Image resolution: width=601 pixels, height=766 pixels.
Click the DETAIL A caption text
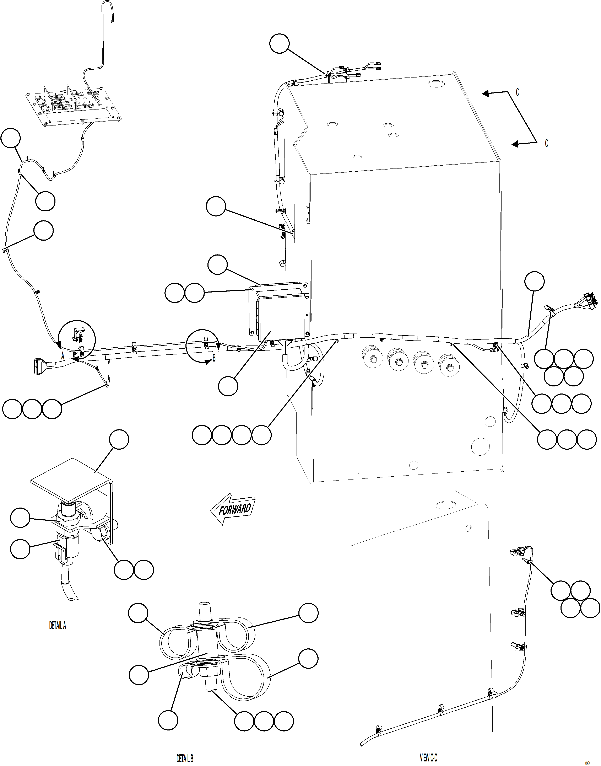[57, 626]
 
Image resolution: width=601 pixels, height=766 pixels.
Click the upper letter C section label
[517, 92]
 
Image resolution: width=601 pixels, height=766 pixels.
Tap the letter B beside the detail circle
[214, 359]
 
